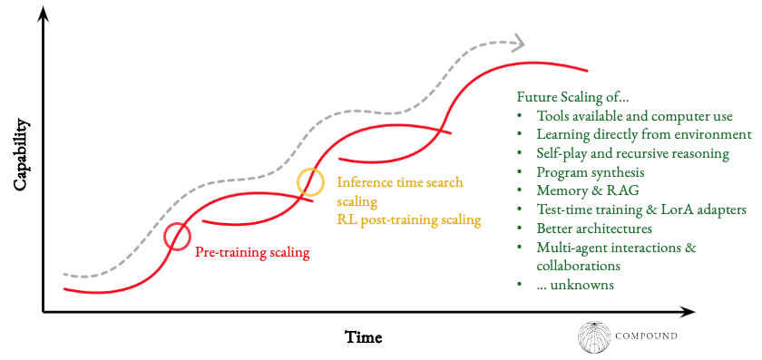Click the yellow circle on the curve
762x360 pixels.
(310, 181)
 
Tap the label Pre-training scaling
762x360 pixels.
(252, 252)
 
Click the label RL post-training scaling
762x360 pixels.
(408, 219)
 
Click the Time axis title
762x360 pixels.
(364, 337)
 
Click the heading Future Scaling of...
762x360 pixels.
(572, 96)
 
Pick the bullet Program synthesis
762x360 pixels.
(591, 171)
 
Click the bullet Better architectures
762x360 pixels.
(595, 228)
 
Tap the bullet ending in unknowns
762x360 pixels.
(575, 285)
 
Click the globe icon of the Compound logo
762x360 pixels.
(594, 336)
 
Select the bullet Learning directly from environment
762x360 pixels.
(644, 134)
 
